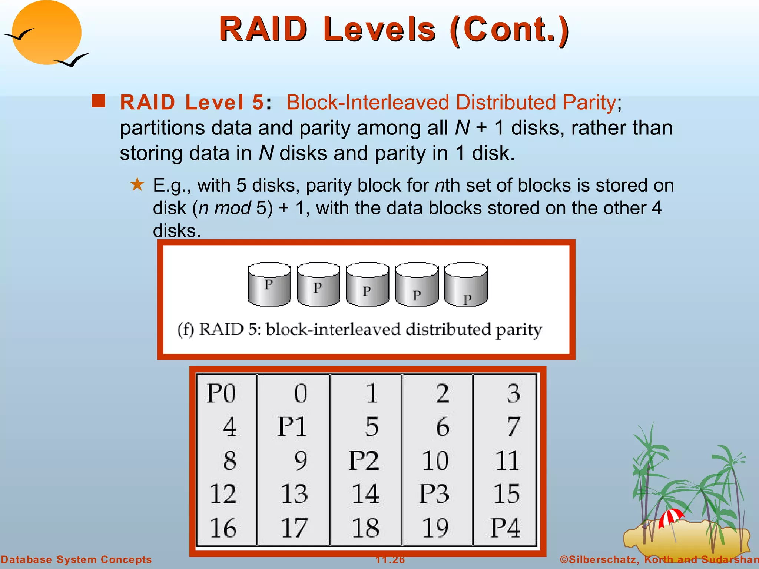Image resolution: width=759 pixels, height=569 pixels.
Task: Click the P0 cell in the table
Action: pos(221,393)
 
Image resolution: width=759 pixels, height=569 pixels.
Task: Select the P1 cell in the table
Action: pos(292,427)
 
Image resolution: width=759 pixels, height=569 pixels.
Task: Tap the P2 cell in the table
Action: pos(364,460)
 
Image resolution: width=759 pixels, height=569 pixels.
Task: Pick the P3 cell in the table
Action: pos(434,494)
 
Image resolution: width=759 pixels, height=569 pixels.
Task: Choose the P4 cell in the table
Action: pos(506,528)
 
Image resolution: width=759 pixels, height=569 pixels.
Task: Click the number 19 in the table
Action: pos(435,528)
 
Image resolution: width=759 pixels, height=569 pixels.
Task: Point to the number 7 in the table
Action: pos(514,427)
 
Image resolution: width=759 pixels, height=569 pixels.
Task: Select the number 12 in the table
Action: pos(223,494)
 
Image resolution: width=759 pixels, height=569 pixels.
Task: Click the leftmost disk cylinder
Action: pos(269,284)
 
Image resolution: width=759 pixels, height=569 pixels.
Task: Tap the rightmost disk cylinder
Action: pos(466,284)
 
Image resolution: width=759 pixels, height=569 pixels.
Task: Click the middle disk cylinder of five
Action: pos(368,284)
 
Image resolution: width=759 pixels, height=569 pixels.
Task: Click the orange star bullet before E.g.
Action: pos(137,184)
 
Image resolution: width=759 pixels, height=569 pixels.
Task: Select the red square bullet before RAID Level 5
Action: pos(98,101)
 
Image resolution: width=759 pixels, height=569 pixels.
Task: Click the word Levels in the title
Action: pos(379,30)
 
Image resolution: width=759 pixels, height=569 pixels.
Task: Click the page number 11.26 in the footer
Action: pos(390,560)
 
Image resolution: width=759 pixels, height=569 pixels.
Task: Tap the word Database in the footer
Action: pos(27,560)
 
